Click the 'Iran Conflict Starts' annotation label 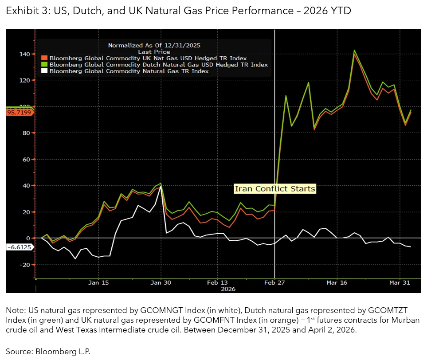pos(275,189)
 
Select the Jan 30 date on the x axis pos(161,282)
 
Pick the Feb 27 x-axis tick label pos(275,282)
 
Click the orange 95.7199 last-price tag pos(20,113)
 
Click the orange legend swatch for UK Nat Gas pos(44,58)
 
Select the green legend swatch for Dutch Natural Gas pos(44,64)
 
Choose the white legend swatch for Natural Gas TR pos(44,70)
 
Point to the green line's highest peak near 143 pos(354,51)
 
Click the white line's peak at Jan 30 pos(160,187)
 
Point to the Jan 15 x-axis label pos(99,282)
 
